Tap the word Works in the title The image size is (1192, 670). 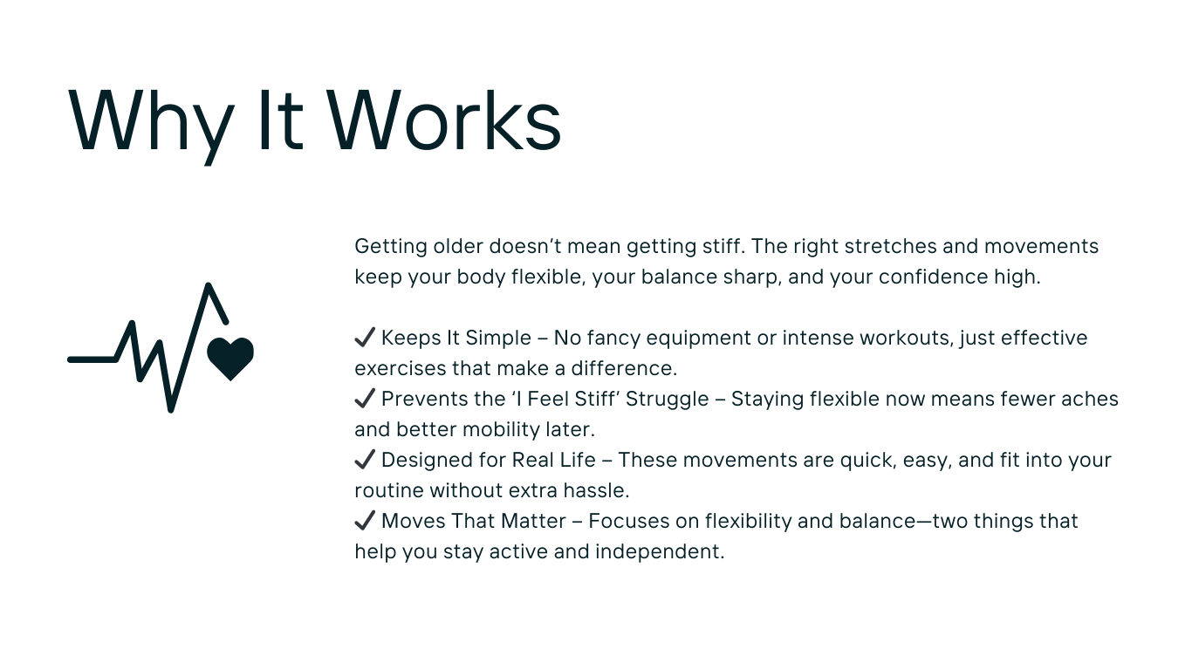click(444, 120)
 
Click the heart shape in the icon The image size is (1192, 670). click(230, 359)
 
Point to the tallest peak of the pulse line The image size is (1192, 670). click(208, 286)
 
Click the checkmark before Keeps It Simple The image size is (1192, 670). click(365, 338)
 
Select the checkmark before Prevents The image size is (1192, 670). click(365, 398)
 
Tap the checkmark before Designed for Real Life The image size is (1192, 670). click(365, 459)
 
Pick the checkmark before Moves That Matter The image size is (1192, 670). click(365, 521)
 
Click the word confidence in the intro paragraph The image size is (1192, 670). click(934, 277)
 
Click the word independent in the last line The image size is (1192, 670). click(660, 552)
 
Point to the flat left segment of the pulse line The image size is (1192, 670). click(92, 359)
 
